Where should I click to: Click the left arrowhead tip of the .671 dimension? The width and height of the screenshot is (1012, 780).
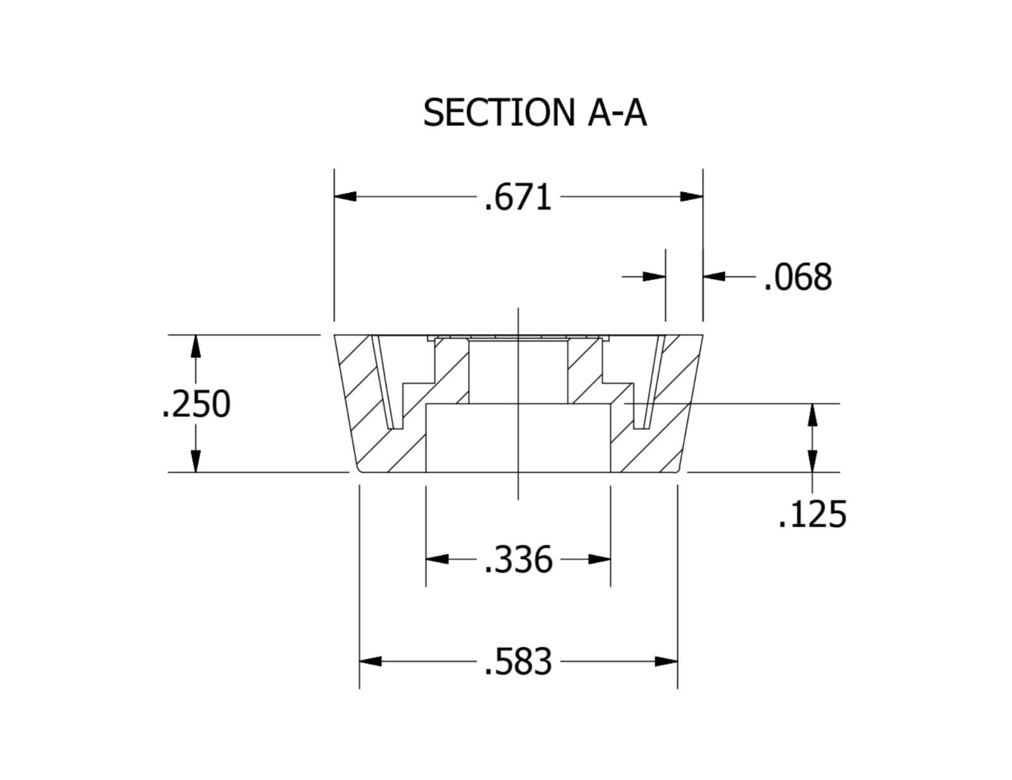click(335, 197)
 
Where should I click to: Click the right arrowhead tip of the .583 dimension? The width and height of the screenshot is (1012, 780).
click(677, 661)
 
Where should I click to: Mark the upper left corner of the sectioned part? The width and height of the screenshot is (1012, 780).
click(335, 335)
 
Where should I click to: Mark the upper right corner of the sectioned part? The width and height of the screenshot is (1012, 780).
click(703, 335)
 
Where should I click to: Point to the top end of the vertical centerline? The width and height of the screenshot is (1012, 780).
click(519, 308)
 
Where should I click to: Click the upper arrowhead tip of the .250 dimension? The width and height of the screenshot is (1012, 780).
click(196, 335)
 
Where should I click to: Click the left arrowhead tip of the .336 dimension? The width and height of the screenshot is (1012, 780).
click(426, 559)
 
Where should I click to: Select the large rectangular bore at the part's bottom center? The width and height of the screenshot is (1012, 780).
click(519, 438)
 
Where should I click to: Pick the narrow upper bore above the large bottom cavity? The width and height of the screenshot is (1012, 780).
click(519, 371)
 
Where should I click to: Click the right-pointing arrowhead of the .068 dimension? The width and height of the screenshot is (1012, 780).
click(655, 276)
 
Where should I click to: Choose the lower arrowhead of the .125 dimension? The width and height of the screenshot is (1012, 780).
click(813, 461)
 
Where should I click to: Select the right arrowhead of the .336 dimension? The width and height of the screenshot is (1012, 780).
click(600, 559)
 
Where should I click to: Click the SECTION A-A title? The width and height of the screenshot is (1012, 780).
click(534, 112)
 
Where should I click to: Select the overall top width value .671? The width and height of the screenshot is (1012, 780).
click(518, 197)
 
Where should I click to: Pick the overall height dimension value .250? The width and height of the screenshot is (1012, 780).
click(196, 404)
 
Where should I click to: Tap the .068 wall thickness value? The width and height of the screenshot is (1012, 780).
click(798, 278)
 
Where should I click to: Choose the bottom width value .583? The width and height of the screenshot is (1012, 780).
click(518, 662)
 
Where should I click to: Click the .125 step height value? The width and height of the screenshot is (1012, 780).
click(812, 514)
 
